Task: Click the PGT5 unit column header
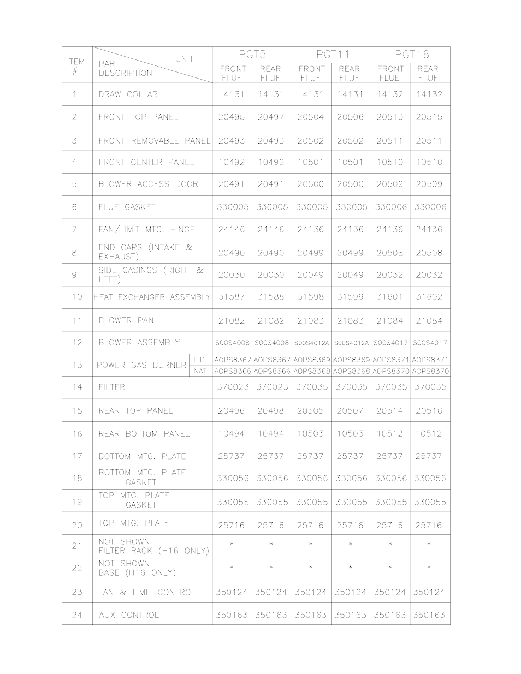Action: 252,55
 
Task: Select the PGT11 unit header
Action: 331,55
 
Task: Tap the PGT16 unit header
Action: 411,55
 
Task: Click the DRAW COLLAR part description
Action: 128,94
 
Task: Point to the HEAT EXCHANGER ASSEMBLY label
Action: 152,297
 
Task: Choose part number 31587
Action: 232,297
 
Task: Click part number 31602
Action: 429,297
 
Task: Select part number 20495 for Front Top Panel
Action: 232,117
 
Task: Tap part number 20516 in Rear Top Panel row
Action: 429,411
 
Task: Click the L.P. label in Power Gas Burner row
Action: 200,360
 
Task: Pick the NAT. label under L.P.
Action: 200,371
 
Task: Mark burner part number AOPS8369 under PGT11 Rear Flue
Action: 350,360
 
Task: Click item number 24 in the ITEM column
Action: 76,615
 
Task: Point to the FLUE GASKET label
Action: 127,207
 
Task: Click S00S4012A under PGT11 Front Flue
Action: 311,343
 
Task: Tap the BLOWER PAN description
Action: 126,320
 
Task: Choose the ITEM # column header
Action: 76,67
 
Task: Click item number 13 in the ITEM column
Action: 76,365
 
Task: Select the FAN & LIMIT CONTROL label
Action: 146,592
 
